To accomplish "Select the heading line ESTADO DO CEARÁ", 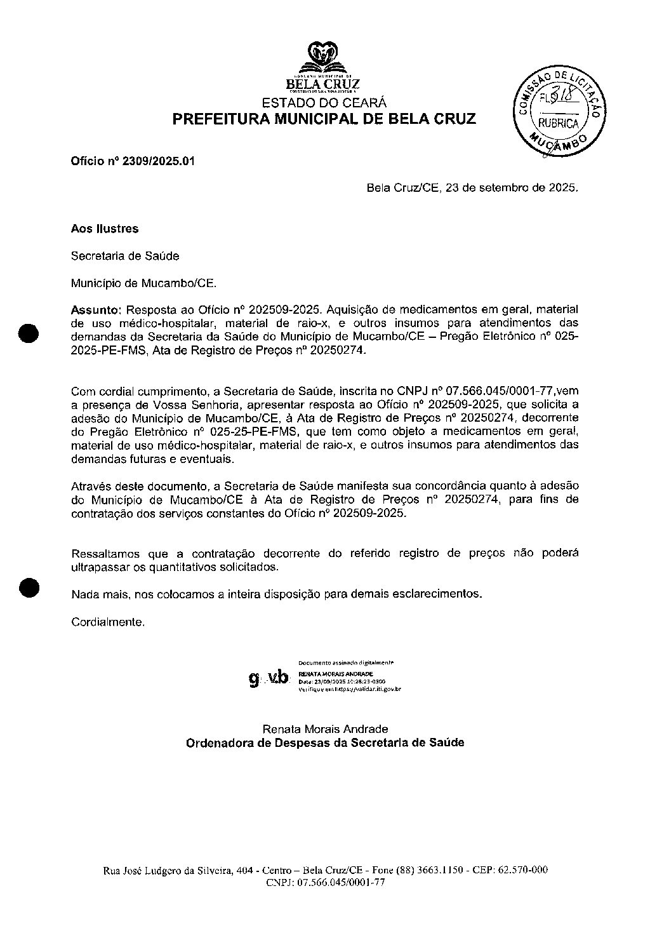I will point(324,103).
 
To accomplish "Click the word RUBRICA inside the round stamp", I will point(559,124).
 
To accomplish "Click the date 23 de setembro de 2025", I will point(511,188).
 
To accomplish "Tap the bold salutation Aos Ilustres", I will point(105,229).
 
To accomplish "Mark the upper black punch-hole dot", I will point(29,332).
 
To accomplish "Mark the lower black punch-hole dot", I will point(29,587).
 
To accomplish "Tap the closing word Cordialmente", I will point(108,622).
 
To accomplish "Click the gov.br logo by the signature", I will point(269,678).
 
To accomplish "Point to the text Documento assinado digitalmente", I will point(346,662).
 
